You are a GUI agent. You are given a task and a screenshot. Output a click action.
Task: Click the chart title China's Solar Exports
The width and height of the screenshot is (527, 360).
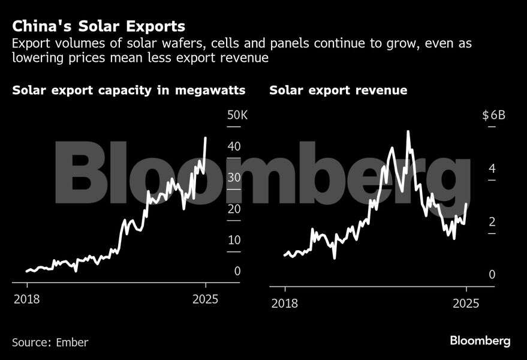(98, 26)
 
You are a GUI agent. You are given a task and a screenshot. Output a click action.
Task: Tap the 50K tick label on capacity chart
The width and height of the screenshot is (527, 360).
(237, 115)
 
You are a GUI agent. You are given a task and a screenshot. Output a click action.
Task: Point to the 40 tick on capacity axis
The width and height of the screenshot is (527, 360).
(234, 146)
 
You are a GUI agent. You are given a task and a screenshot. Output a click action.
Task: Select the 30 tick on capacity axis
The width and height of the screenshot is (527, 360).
(234, 178)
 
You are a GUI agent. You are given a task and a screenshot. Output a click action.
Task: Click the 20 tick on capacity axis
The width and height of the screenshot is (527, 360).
(234, 209)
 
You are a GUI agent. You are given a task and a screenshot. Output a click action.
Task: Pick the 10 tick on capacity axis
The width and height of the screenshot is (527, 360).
(234, 240)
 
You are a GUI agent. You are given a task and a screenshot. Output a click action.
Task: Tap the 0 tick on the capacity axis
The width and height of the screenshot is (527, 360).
(237, 271)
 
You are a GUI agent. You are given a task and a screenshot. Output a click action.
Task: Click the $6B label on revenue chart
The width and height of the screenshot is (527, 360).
(494, 115)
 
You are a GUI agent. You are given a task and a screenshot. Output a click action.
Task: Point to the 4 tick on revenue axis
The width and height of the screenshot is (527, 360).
(492, 169)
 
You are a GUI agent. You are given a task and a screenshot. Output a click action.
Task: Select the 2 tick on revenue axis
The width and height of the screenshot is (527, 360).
(492, 222)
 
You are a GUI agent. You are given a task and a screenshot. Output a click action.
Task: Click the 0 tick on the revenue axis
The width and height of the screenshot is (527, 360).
(492, 275)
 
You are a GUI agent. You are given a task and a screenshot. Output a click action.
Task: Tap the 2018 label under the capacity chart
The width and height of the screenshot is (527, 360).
(27, 299)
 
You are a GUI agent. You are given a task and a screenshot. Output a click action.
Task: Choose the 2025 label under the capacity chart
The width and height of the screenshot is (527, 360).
(204, 299)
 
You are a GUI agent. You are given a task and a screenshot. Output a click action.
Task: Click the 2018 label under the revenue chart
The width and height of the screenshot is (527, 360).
(285, 303)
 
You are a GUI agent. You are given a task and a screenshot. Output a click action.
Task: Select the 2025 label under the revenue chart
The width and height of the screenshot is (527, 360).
(466, 303)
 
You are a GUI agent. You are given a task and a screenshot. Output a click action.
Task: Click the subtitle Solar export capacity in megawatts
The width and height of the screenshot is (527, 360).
(128, 91)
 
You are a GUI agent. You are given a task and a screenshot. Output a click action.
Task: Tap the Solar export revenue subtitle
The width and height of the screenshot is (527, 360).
(338, 91)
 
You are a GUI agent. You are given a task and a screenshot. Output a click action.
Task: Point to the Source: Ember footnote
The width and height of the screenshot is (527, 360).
(50, 343)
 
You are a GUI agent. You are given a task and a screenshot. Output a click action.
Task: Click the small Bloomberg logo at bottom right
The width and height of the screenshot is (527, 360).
(480, 341)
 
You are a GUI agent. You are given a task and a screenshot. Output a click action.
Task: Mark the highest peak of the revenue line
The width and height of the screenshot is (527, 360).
(408, 131)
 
